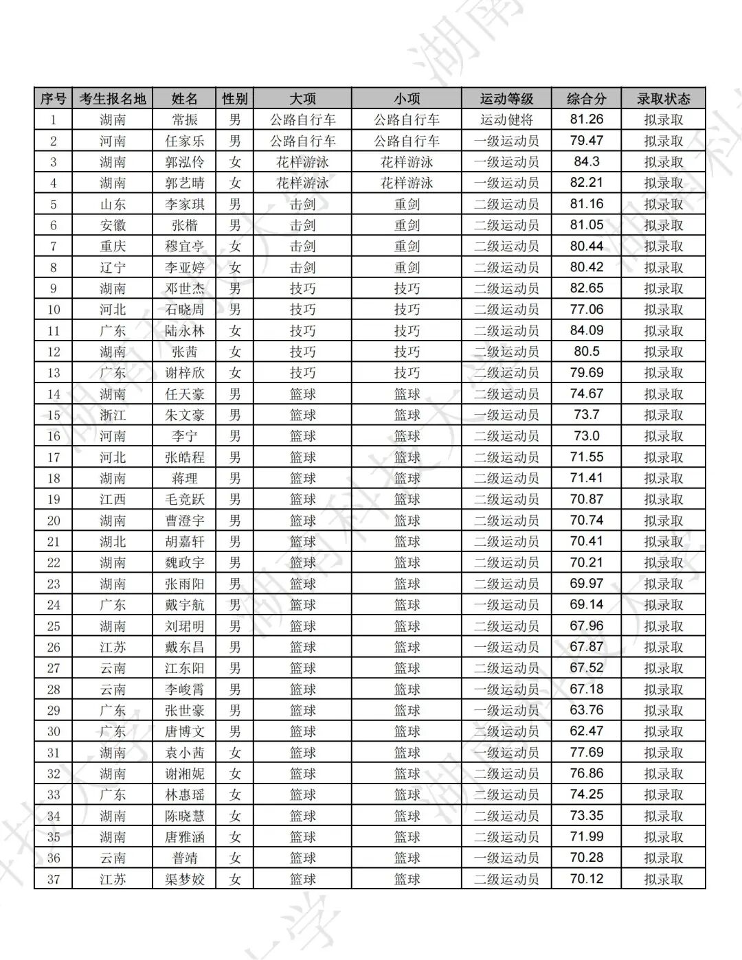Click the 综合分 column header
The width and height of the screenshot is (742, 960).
coord(586,98)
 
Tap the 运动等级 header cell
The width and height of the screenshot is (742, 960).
coord(506,98)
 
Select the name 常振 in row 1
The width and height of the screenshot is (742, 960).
coord(184,119)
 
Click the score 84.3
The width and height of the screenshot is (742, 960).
coord(586,162)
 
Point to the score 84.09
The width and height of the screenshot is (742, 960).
coord(586,330)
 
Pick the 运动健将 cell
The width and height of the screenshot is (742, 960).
coord(506,119)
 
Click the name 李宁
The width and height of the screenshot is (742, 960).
coord(184,436)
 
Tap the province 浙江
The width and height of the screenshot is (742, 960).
coord(113,415)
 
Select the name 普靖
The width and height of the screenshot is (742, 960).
coord(184,858)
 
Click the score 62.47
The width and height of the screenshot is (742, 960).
coord(586,731)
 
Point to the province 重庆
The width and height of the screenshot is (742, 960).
coord(113,246)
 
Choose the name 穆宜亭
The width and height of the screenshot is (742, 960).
coord(184,246)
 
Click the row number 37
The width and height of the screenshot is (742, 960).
coord(54,879)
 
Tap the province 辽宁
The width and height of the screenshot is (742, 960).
coord(113,267)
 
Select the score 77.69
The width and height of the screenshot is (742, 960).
coord(586,752)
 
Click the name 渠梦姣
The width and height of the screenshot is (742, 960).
coord(184,879)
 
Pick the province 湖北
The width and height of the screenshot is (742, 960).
coord(113,541)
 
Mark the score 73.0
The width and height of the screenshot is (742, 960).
coord(586,436)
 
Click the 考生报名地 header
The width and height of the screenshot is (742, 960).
coord(113,98)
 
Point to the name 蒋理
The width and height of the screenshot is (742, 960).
coord(184,478)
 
